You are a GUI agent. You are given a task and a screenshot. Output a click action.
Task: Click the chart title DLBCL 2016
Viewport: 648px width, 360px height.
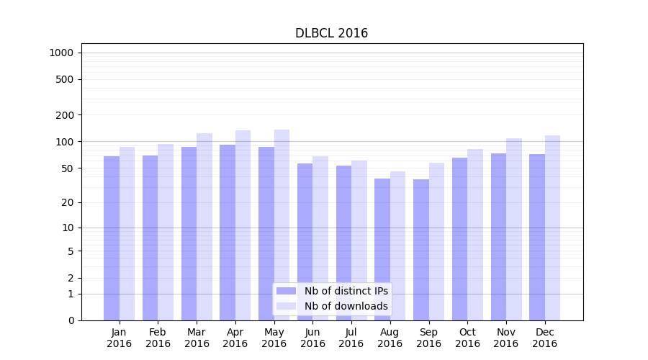click(331, 34)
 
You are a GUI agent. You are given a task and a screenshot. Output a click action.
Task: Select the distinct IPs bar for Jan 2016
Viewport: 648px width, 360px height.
click(112, 238)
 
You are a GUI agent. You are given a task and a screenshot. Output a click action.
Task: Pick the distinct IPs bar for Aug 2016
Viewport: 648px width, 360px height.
click(382, 249)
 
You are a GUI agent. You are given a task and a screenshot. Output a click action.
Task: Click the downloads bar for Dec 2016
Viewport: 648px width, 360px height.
click(552, 228)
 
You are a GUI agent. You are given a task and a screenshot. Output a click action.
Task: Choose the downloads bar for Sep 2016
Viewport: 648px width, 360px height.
click(436, 241)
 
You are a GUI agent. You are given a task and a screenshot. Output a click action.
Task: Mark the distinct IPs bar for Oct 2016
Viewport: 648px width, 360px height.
click(460, 238)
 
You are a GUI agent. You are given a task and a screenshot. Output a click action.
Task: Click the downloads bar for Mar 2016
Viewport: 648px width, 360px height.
click(204, 226)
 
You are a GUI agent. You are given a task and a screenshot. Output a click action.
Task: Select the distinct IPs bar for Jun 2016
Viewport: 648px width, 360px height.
click(305, 241)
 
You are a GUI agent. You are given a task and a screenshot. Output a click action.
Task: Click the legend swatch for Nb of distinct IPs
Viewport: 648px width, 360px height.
click(286, 291)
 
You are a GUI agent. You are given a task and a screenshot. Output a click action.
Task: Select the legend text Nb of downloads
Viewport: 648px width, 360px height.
click(346, 306)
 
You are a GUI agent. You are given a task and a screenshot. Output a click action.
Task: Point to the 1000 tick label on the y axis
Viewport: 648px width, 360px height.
click(61, 53)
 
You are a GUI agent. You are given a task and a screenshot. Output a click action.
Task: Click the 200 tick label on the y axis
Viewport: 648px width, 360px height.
click(66, 115)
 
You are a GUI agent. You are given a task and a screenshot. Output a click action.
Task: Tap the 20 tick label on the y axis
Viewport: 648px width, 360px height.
click(68, 202)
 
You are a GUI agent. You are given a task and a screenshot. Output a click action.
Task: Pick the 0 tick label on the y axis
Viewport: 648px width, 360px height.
click(71, 320)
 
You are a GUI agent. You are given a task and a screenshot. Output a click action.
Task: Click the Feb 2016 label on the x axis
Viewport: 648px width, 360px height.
click(158, 338)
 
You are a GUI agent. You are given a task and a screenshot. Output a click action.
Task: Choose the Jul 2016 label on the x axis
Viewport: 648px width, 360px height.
click(351, 338)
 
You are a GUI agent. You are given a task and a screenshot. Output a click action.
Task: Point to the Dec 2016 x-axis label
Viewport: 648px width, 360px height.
click(544, 338)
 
